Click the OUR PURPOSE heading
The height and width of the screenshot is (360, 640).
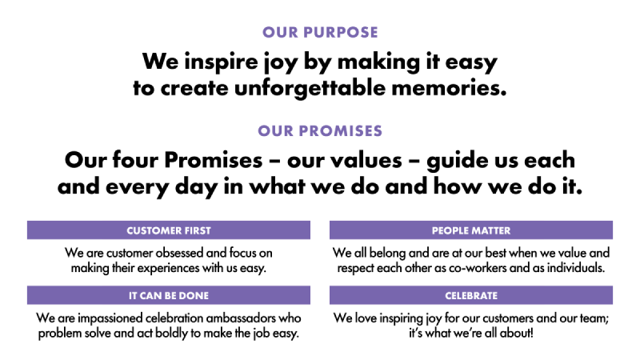[x=320, y=32]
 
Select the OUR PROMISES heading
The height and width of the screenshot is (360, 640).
[x=320, y=131]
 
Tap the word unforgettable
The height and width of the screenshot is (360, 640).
[x=310, y=88]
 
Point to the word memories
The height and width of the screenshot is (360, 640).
[x=449, y=88]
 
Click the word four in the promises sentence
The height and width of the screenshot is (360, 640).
[x=135, y=159]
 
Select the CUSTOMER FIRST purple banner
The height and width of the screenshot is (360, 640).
[x=169, y=230]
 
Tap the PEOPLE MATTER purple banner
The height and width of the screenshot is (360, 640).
[x=471, y=230]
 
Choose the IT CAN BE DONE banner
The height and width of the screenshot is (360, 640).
[x=169, y=295]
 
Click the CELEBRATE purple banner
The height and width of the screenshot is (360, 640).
[x=471, y=295]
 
